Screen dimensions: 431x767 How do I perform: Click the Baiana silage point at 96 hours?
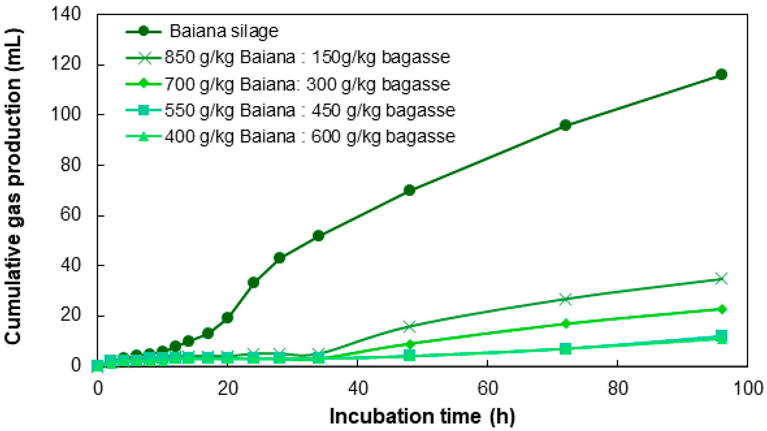tap(721, 74)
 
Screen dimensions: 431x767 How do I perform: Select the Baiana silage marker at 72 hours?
tap(565, 125)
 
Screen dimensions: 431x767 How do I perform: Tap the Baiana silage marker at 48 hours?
tap(409, 190)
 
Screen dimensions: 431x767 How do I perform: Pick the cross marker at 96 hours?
tap(721, 279)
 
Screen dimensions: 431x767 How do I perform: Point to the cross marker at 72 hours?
tap(565, 299)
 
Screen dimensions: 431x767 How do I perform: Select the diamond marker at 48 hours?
tap(409, 343)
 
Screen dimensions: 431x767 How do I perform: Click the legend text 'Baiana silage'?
tap(224, 31)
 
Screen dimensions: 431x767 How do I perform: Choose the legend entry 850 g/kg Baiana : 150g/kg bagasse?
tap(307, 57)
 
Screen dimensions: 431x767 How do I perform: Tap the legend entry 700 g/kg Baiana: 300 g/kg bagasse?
tap(307, 84)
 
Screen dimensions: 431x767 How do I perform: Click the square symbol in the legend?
tap(144, 110)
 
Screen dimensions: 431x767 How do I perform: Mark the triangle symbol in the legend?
tap(144, 137)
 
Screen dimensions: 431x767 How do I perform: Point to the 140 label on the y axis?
tap(66, 14)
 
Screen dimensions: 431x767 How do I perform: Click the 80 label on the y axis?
tap(71, 165)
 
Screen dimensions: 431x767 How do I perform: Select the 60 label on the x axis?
tap(487, 388)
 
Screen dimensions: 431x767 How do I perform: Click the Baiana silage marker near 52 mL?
tap(318, 236)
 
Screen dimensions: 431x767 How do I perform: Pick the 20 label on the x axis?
tap(227, 388)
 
